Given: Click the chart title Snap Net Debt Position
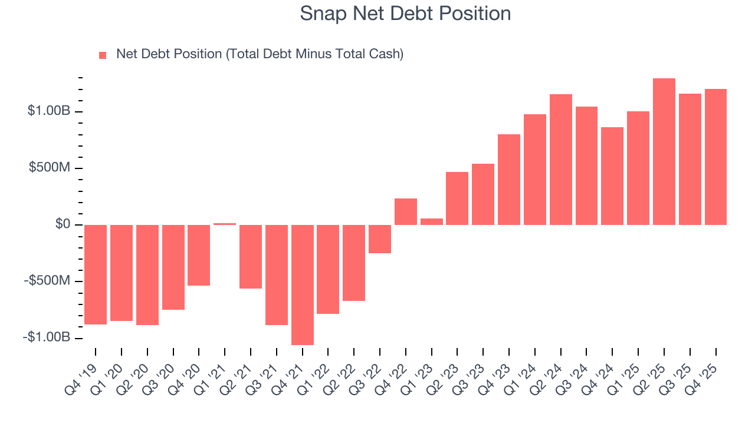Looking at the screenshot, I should coord(405,14).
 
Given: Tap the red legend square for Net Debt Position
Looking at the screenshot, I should coord(103,55).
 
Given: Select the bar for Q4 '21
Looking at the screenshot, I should coord(302,284).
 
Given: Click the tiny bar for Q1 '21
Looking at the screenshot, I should coord(225,224).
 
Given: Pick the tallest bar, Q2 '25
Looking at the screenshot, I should coord(664,151).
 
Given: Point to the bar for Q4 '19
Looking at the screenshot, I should coord(96,274).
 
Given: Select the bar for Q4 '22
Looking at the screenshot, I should coord(406,211).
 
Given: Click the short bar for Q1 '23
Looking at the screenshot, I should coord(432,221).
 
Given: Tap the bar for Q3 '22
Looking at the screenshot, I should coord(380,239).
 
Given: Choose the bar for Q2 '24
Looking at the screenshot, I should coord(561,160).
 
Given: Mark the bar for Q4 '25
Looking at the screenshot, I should coord(715,157).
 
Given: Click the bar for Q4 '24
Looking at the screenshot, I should coord(612,176).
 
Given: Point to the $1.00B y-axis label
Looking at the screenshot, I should coord(48,111).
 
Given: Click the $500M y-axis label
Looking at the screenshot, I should coord(51,168).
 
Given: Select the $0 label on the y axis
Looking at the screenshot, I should coord(62,224).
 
